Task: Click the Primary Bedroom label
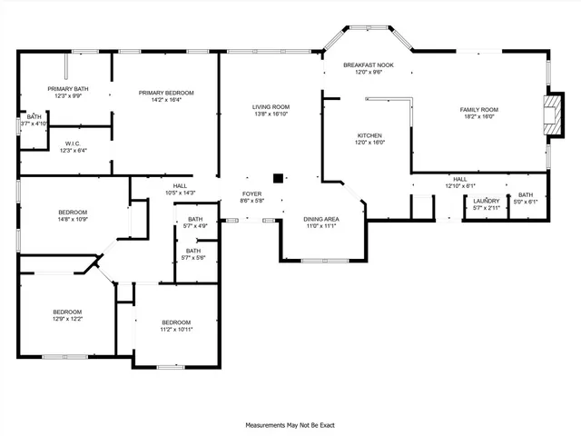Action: [x=163, y=93]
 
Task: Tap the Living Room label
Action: [x=270, y=107]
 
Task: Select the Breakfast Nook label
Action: [x=368, y=65]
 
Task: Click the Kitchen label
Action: [x=369, y=134]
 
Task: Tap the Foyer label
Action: [x=251, y=193]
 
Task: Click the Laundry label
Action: [x=486, y=201]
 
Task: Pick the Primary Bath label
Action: [x=67, y=88]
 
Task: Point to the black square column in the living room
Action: [x=280, y=178]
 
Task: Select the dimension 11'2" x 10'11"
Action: [x=176, y=330]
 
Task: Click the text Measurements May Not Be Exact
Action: [x=290, y=424]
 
